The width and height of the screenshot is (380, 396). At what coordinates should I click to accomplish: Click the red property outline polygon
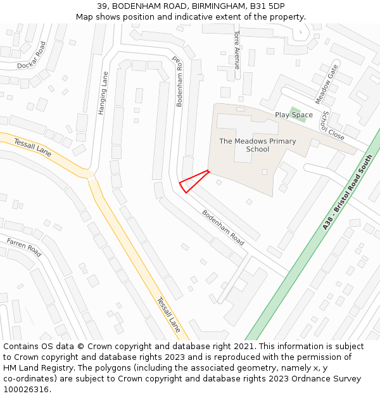(x=193, y=181)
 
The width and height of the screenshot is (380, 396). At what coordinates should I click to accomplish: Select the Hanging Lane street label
(x=103, y=93)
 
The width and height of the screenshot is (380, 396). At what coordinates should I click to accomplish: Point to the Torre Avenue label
(x=237, y=49)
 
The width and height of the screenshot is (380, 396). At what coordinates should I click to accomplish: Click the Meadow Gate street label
(x=326, y=84)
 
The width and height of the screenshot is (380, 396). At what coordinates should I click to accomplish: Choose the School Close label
(x=332, y=125)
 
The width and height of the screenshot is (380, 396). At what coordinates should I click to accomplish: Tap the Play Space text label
(x=293, y=115)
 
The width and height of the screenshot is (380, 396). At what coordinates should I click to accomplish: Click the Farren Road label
(x=24, y=247)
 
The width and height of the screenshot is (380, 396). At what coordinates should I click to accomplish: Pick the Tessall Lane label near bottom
(x=168, y=314)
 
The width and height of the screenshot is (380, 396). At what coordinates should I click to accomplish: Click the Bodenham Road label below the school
(x=223, y=227)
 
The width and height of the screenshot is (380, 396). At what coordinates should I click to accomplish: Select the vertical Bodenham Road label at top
(x=179, y=83)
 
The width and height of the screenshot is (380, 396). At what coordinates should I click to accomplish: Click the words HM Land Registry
(x=35, y=367)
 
